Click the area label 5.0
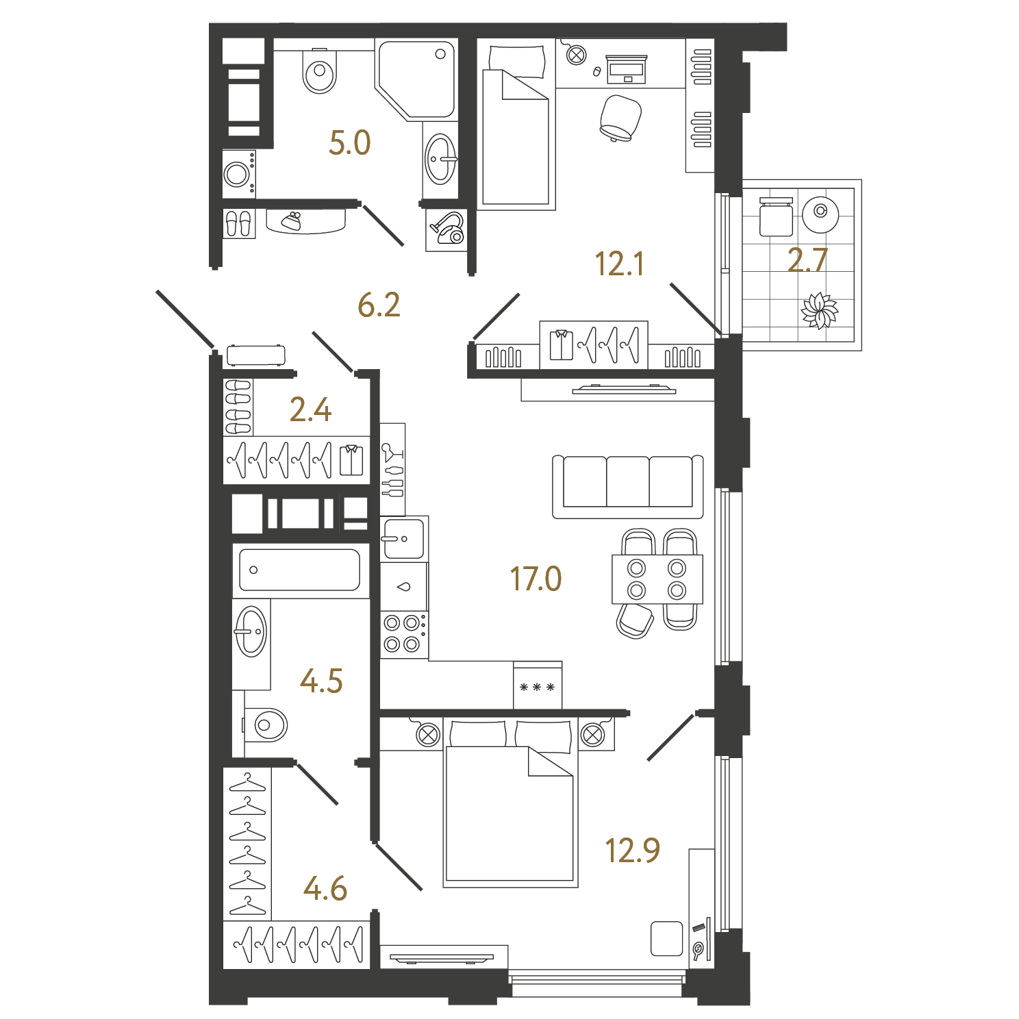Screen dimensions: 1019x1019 (x=349, y=142)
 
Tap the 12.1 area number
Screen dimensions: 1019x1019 (x=619, y=264)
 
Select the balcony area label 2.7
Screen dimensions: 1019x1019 (x=807, y=260)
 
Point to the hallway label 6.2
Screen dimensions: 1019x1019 (x=379, y=305)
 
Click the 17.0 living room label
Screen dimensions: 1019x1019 (x=536, y=579)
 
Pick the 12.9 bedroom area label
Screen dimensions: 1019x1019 (x=632, y=850)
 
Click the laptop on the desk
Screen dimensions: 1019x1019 (x=626, y=69)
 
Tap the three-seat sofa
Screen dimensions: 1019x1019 (x=628, y=487)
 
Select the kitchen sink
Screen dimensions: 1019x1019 (x=403, y=539)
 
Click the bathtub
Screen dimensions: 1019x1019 (x=300, y=570)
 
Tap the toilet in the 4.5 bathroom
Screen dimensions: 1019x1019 (x=266, y=725)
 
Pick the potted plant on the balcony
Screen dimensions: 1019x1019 (x=819, y=311)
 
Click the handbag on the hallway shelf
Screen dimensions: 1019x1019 (x=292, y=221)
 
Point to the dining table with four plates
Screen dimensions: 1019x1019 (x=657, y=579)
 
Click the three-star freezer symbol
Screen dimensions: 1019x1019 (x=538, y=686)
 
